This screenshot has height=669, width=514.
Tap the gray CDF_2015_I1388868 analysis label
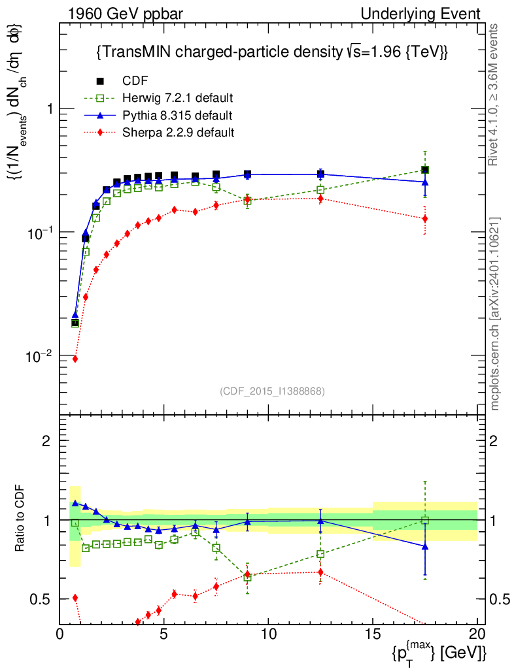tap(272, 391)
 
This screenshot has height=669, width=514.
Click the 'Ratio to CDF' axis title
tap(22, 519)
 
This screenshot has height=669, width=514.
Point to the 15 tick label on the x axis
tap(373, 634)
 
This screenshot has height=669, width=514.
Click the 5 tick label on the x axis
tap(164, 634)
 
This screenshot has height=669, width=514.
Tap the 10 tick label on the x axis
tap(268, 634)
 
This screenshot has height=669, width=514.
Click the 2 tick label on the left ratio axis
tap(47, 440)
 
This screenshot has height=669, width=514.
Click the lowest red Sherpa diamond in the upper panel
tap(75, 359)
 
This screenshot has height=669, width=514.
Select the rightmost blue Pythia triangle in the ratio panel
tap(425, 546)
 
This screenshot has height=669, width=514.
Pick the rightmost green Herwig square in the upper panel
tap(425, 170)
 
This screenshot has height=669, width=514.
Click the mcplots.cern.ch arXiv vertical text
tap(496, 314)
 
